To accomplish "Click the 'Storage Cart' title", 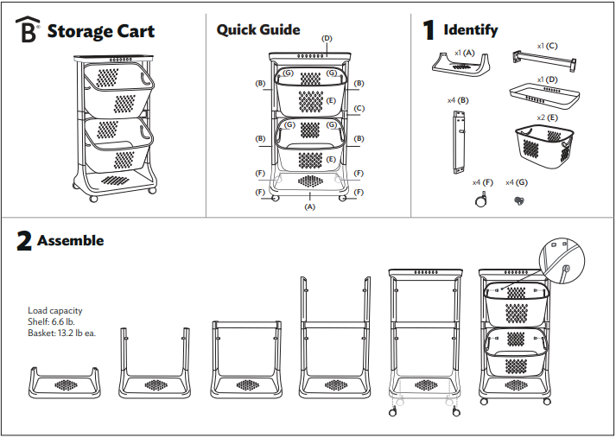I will point(100,32).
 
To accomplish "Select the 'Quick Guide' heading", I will point(258,30).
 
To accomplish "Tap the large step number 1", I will point(429,31).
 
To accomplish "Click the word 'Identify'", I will point(470,30).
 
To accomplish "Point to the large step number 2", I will point(24,242).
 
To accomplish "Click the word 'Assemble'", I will point(70,241).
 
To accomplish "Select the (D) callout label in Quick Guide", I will point(327,39).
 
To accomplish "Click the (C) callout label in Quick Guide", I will point(359,109).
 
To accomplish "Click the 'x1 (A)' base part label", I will point(464,53).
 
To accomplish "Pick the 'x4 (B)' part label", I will point(457,101).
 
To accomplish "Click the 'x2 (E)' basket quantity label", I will point(546,117).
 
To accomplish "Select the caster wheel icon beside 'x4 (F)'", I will point(478,200).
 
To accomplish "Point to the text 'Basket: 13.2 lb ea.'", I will point(62,333).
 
